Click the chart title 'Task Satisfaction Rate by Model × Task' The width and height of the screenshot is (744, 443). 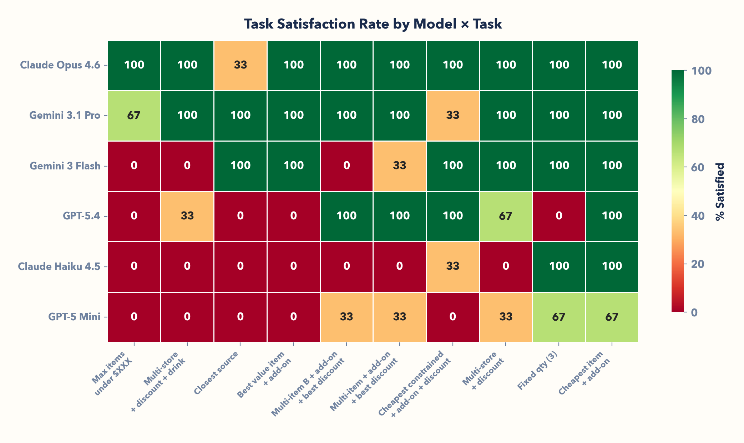click(x=373, y=24)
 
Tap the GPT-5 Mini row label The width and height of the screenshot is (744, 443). click(x=74, y=317)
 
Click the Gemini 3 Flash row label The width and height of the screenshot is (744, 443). click(x=65, y=166)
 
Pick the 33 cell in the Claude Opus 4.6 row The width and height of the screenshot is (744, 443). click(x=240, y=65)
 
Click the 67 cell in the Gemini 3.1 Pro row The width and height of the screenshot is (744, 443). click(x=134, y=116)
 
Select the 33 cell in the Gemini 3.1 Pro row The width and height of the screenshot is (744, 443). click(x=452, y=116)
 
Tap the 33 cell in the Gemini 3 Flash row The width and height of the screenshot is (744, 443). click(x=399, y=166)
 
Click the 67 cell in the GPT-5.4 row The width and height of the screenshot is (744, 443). click(x=506, y=216)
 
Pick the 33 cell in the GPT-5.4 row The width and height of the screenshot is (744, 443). click(x=187, y=216)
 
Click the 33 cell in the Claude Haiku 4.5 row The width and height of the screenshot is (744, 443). click(x=452, y=266)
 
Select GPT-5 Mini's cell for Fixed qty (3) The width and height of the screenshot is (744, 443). click(x=559, y=317)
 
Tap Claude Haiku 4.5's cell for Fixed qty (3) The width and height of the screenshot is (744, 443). click(x=559, y=266)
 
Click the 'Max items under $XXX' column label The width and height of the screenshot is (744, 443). click(x=112, y=373)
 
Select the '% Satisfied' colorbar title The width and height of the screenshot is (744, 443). click(x=720, y=192)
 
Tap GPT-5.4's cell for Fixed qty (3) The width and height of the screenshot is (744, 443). click(x=559, y=216)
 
